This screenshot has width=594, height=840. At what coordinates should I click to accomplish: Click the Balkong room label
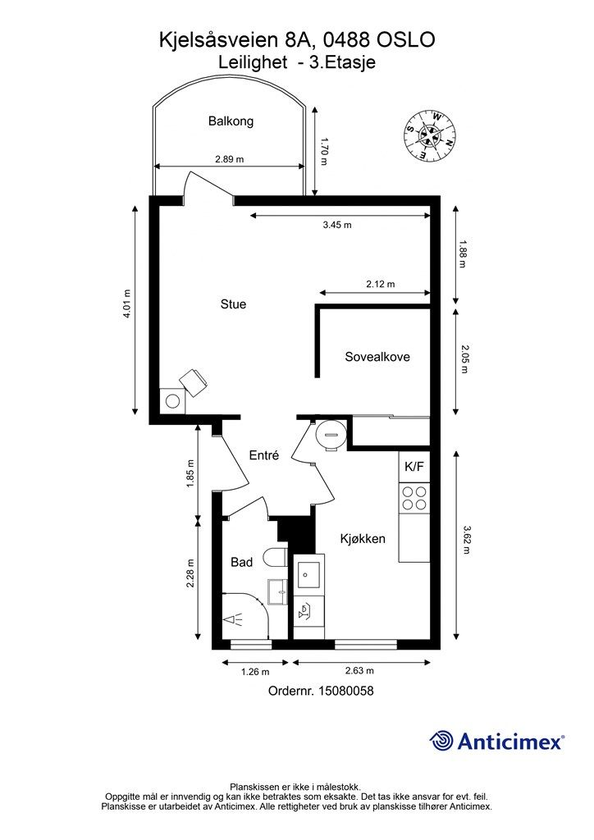231,121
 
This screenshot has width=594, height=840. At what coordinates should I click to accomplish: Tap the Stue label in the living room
234,304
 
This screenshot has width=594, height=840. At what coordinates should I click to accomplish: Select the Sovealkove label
377,357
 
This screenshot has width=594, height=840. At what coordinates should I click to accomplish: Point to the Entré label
264,455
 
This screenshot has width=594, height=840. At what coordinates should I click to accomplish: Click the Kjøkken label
363,538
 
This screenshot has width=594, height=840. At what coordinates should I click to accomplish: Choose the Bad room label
241,562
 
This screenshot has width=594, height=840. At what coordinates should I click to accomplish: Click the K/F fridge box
414,467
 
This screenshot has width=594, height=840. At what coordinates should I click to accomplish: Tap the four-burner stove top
414,498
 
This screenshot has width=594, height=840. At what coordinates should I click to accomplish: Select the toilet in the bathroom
276,558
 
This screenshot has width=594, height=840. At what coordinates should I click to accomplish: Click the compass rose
431,135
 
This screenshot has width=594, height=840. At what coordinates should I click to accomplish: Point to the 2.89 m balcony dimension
229,159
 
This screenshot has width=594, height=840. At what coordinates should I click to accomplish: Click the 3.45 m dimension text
337,225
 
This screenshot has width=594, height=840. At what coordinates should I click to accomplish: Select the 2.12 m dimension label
381,284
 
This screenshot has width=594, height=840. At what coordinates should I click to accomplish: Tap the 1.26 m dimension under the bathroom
255,672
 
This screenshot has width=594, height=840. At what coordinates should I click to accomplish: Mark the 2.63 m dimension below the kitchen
359,670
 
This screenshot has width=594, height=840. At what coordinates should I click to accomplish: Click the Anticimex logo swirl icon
441,741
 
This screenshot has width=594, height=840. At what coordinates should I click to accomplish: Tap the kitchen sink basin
308,575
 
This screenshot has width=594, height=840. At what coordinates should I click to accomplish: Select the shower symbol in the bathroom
234,621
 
